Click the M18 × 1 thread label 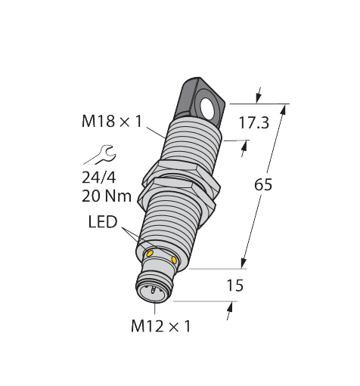112,120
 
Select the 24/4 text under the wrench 100,179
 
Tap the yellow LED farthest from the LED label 175,261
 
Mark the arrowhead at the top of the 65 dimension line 285,109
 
